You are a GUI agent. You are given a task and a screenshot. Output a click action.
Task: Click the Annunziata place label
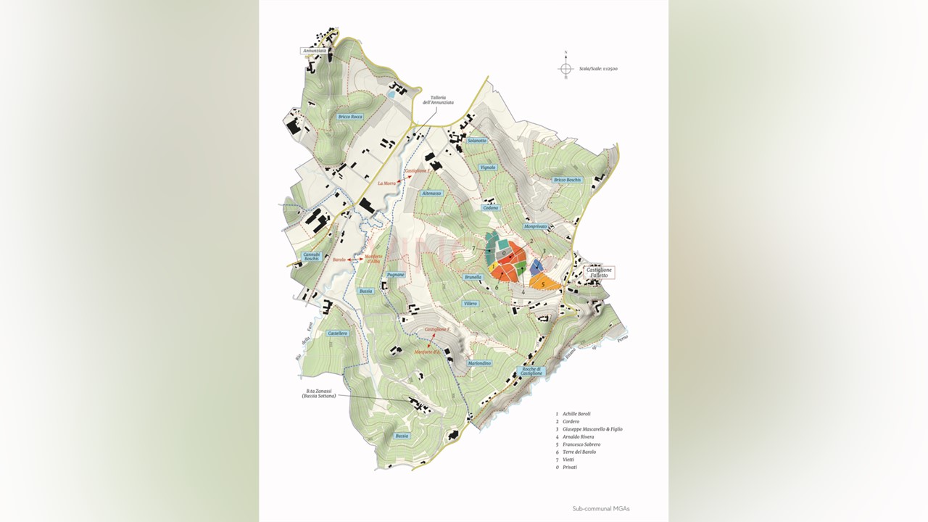315,51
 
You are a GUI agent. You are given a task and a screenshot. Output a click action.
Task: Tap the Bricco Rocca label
350,117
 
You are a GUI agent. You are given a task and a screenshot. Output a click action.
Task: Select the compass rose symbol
565,68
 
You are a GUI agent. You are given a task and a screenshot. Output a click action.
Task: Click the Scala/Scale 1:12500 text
598,69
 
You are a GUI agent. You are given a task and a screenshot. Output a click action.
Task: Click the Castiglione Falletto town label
600,273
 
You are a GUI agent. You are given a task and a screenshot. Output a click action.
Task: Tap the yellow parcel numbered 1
492,266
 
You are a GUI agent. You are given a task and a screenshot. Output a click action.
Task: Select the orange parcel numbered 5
544,283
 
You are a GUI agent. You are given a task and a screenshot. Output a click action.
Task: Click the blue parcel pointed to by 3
537,267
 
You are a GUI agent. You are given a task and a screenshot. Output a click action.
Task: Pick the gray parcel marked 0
505,254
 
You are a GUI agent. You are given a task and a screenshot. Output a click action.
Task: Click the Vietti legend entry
570,460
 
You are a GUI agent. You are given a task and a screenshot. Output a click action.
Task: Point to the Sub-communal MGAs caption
600,509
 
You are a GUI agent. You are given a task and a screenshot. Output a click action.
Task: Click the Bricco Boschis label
568,180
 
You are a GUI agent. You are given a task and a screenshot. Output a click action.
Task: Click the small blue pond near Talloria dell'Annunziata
391,94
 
